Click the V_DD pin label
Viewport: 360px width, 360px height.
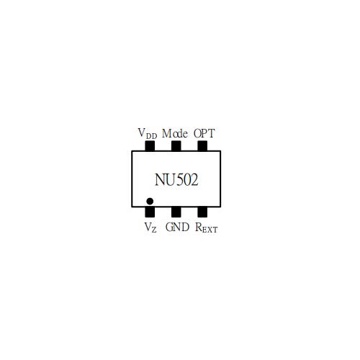148,133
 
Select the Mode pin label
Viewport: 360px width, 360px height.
175,133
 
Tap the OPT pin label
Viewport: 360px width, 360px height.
204,133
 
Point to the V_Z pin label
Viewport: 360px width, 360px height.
150,228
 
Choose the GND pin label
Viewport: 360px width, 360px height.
177,227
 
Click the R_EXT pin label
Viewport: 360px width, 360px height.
207,228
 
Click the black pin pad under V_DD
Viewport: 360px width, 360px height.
150,146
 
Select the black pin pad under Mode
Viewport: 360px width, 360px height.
176,146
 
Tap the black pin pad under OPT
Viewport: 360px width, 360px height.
202,146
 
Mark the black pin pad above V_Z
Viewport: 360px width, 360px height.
150,212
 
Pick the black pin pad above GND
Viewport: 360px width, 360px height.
176,212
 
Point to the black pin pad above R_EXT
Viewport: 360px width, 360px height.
202,212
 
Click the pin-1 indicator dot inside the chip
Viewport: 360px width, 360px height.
150,201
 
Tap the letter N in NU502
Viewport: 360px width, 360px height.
160,180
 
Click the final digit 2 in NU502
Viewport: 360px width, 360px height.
194,180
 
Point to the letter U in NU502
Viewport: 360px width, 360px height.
170,180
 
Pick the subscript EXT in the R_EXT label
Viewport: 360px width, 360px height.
210,230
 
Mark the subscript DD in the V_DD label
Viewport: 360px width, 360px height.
151,136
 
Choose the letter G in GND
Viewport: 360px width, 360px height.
169,227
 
